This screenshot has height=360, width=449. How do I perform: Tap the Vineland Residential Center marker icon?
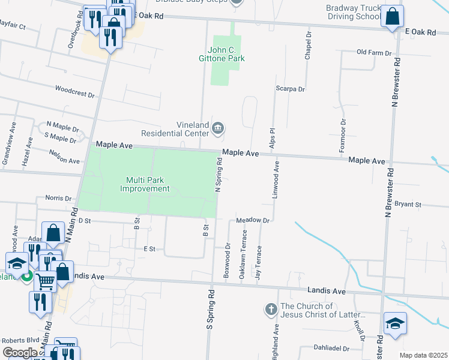[x=218, y=127]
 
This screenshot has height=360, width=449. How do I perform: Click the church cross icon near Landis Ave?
[x=270, y=310]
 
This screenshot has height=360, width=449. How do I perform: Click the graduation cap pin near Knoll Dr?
[x=395, y=323]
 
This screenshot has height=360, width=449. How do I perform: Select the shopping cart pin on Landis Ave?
[x=45, y=279]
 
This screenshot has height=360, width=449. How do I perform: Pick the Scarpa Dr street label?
[x=291, y=89]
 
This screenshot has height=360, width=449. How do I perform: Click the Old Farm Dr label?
[x=374, y=52]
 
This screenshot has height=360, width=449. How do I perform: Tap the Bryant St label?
[x=408, y=205]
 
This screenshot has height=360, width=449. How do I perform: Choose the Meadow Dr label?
[x=255, y=220]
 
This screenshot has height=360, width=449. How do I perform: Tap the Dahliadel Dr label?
[x=331, y=347]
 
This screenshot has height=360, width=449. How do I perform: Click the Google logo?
[x=19, y=353]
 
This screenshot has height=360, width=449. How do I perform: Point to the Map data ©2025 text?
[x=423, y=355]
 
